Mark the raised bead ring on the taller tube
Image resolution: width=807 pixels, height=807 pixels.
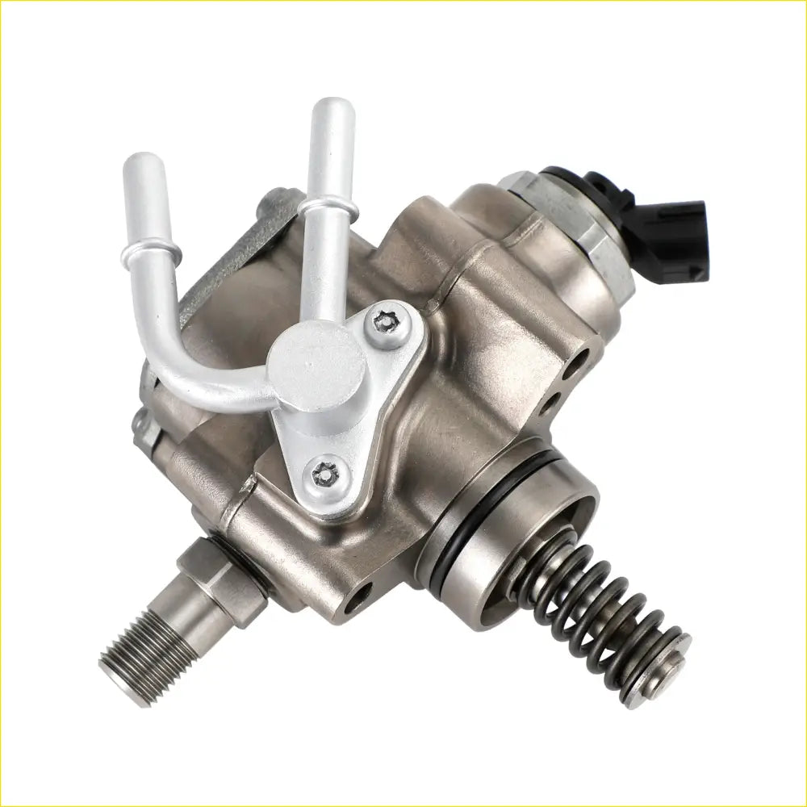point(328,209)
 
